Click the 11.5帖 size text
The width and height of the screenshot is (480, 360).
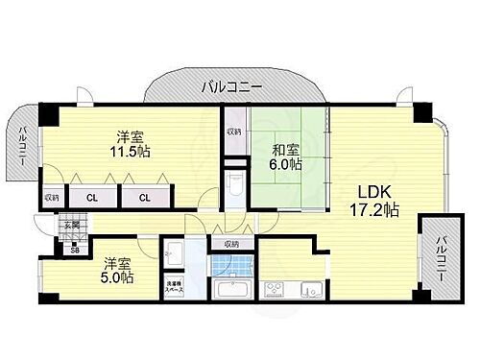coord(129,153)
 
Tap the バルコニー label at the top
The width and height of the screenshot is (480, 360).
coord(231,87)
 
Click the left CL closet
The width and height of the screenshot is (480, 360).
coord(92,198)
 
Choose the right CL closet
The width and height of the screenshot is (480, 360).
coord(145,198)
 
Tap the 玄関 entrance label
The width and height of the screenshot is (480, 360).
coord(69,227)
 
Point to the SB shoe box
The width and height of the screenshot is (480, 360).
coord(75,250)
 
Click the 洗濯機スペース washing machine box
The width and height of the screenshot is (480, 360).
coord(174,286)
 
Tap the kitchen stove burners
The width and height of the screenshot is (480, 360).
coord(274,287)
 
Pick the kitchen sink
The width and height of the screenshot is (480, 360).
coord(310,287)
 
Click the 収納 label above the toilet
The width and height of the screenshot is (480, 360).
coord(234,132)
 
